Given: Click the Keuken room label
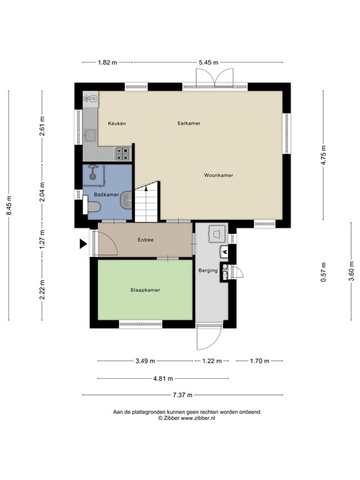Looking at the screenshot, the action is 117,123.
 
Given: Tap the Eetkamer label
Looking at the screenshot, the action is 189,123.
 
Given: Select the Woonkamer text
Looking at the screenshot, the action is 219,175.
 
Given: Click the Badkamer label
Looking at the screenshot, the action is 106,194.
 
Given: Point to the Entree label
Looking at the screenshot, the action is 146,240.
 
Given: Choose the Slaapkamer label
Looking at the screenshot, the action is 145,290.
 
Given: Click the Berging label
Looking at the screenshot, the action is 208,270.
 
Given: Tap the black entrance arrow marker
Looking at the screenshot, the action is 83,244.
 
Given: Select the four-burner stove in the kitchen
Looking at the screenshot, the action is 122,154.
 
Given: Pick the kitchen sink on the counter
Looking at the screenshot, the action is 91,135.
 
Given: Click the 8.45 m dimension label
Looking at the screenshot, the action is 9,205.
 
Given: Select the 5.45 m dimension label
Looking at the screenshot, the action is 209,62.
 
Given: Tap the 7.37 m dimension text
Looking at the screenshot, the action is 182,395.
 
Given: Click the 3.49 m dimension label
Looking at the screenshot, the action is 145,361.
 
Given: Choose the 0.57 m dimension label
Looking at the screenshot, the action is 323,272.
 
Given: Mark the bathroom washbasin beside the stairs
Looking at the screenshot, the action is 126,200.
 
